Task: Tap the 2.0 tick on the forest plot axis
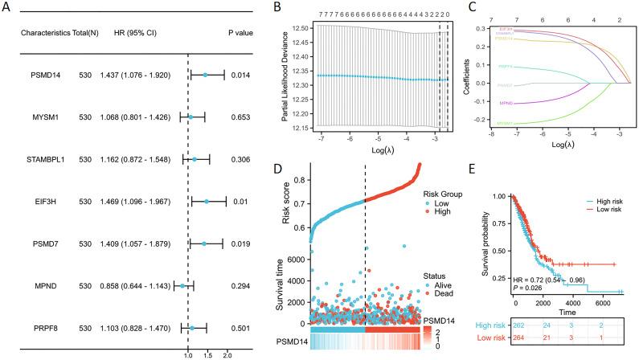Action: click(x=227, y=353)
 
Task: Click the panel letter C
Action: click(x=461, y=9)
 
